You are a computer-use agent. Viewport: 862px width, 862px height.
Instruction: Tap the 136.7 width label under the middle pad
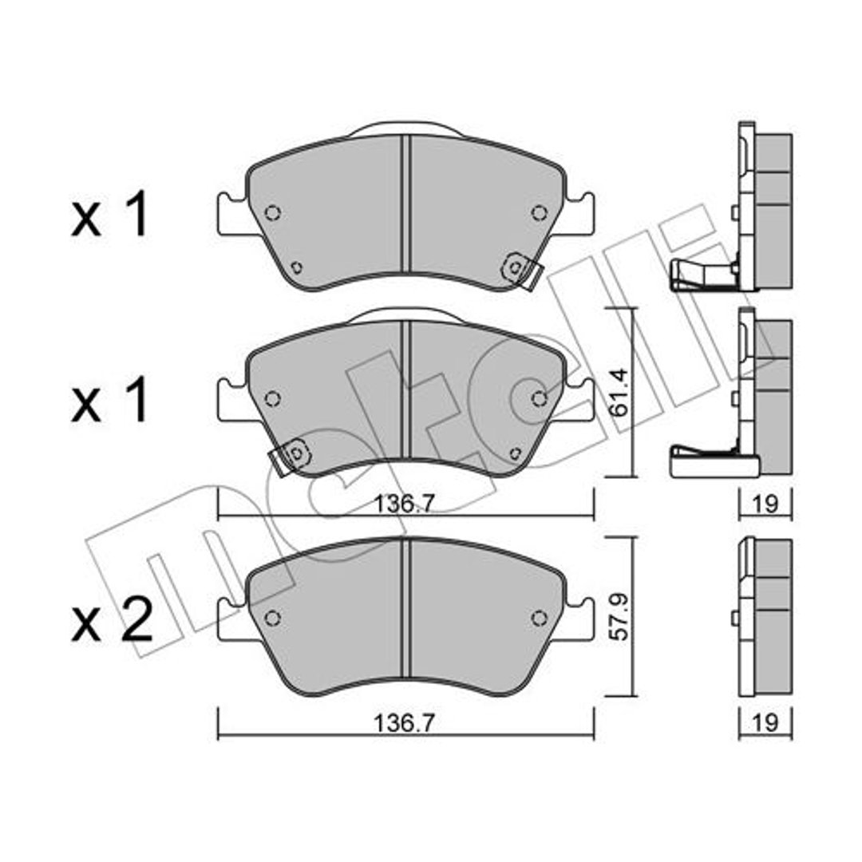[x=405, y=504]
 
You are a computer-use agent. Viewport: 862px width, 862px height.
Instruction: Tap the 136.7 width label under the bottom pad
[x=405, y=723]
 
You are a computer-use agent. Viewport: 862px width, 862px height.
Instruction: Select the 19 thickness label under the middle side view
[x=765, y=504]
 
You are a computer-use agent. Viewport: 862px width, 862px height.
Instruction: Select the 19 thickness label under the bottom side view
[x=765, y=723]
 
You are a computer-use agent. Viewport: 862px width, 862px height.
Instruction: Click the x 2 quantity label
[x=112, y=619]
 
